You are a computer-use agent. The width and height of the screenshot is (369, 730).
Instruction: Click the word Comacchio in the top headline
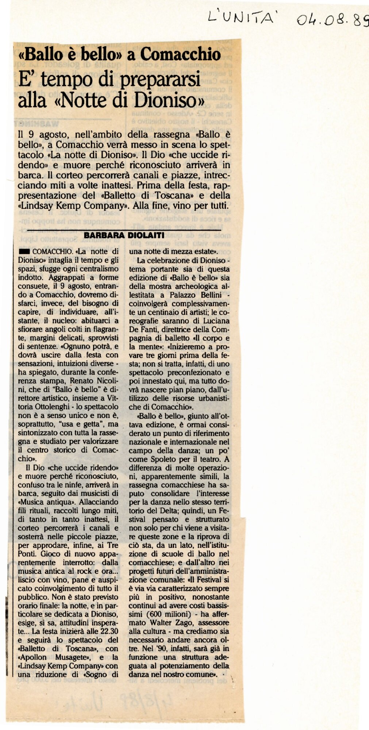pyautogui.click(x=181, y=55)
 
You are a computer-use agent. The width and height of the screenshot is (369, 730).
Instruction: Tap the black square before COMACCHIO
pyautogui.click(x=24, y=251)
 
